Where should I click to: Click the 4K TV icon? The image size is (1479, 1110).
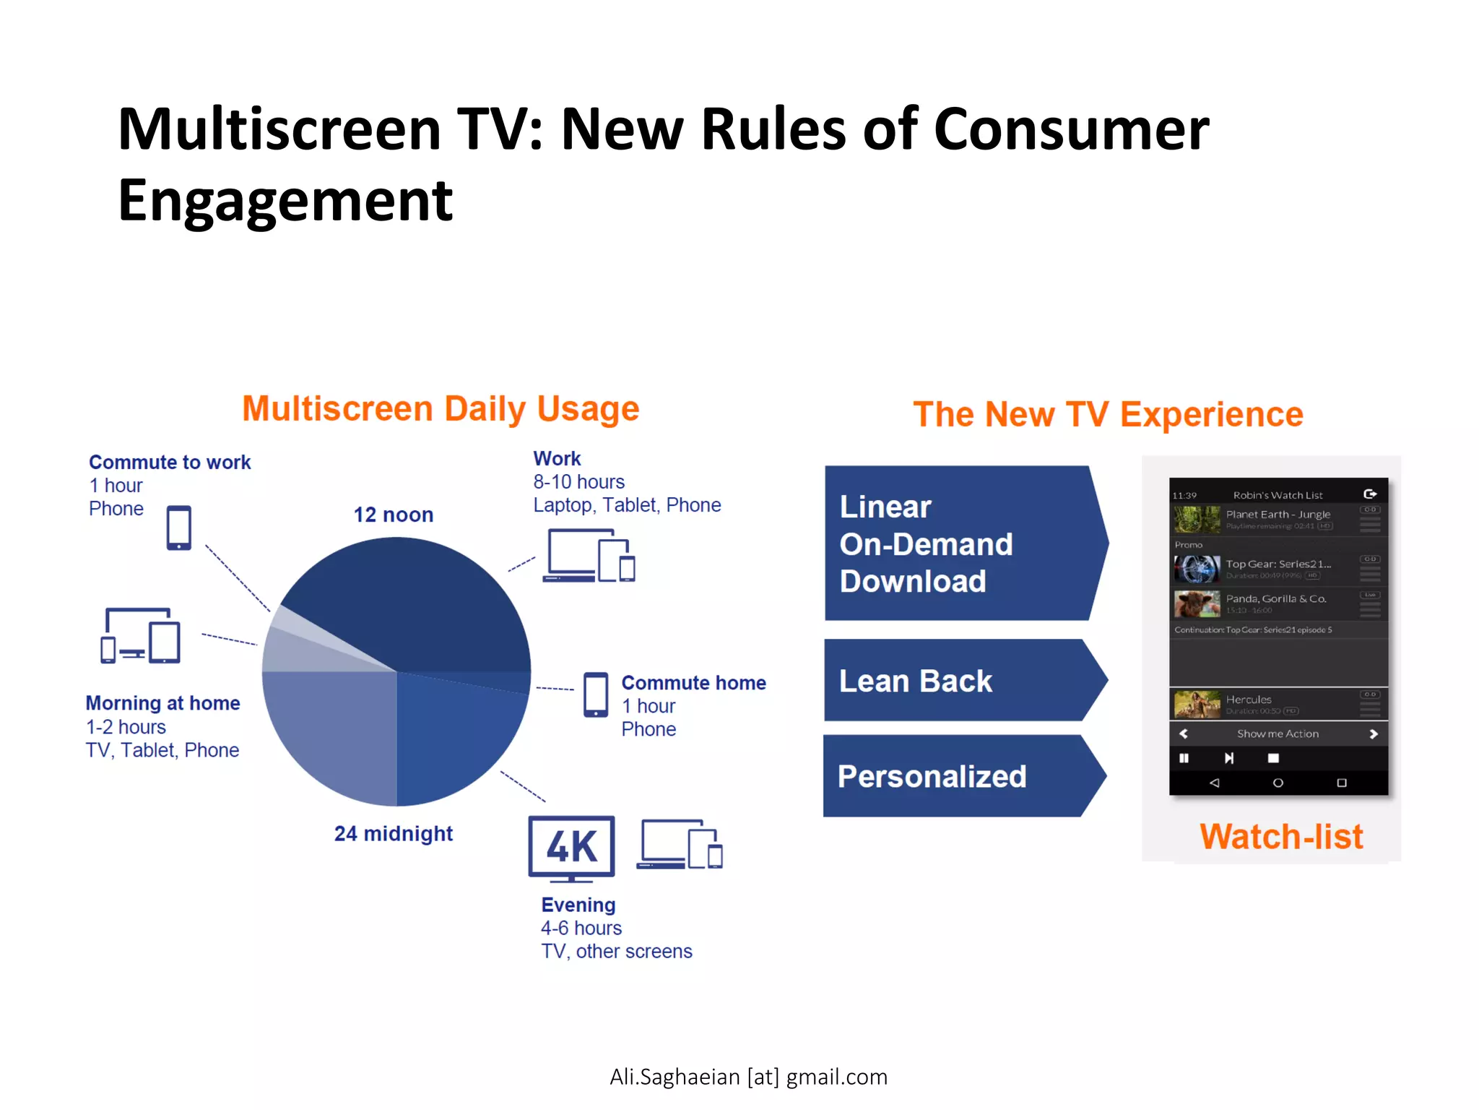coord(571,848)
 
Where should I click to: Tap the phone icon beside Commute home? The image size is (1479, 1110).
coord(596,694)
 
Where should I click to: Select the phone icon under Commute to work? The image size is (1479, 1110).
coord(179,528)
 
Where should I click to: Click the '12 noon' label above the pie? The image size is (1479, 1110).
coord(394,515)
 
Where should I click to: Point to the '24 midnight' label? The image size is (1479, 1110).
coord(394,833)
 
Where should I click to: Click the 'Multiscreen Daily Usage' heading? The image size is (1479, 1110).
coord(441,409)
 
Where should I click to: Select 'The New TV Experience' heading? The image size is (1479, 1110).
coord(1108,415)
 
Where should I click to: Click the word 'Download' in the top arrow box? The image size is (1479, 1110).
coord(913,582)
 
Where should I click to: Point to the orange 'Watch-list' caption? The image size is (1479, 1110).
coord(1281,837)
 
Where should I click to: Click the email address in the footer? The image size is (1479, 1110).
coord(748,1077)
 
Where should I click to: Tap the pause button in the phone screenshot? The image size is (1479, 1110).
coord(1184,758)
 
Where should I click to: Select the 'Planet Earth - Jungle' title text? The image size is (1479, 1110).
coord(1278,515)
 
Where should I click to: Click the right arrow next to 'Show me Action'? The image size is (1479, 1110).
coord(1374,734)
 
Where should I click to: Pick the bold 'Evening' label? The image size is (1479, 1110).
coord(578,905)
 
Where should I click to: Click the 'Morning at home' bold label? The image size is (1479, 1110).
coord(163,703)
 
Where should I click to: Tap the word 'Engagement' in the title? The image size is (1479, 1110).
coord(285,201)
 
